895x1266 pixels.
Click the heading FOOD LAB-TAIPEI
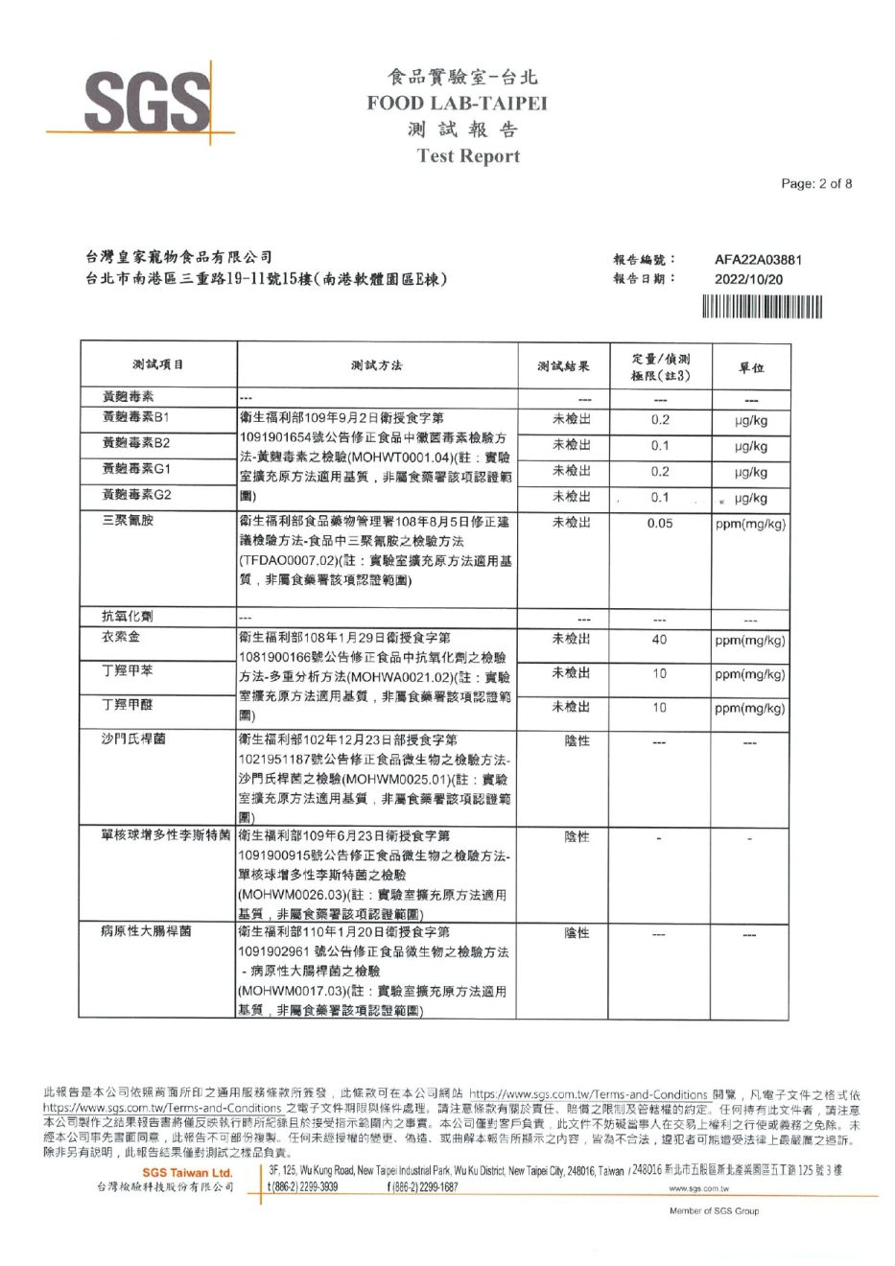(x=457, y=104)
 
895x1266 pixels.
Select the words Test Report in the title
(x=468, y=156)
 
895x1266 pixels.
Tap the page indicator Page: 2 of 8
(x=816, y=184)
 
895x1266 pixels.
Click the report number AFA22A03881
(x=759, y=259)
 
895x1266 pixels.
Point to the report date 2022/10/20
(x=749, y=279)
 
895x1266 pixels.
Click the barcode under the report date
(x=762, y=307)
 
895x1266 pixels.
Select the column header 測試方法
(x=377, y=365)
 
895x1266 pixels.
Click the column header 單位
(x=751, y=367)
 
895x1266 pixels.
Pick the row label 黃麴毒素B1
(x=135, y=417)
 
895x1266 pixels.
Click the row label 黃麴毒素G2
(x=136, y=495)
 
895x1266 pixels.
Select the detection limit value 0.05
(x=660, y=524)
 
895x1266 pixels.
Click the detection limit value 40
(x=660, y=640)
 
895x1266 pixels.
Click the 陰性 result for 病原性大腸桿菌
(x=577, y=932)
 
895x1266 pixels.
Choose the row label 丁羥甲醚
(x=127, y=705)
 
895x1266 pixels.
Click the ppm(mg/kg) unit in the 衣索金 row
(x=750, y=641)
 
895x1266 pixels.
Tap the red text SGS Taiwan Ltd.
(x=187, y=1173)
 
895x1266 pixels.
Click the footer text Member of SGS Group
(x=714, y=1211)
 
